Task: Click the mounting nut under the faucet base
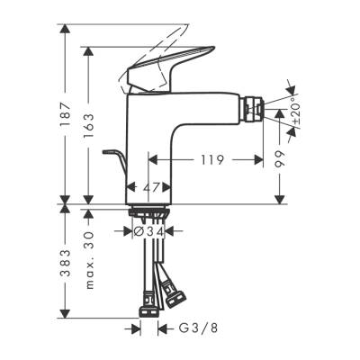pos(151,214)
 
